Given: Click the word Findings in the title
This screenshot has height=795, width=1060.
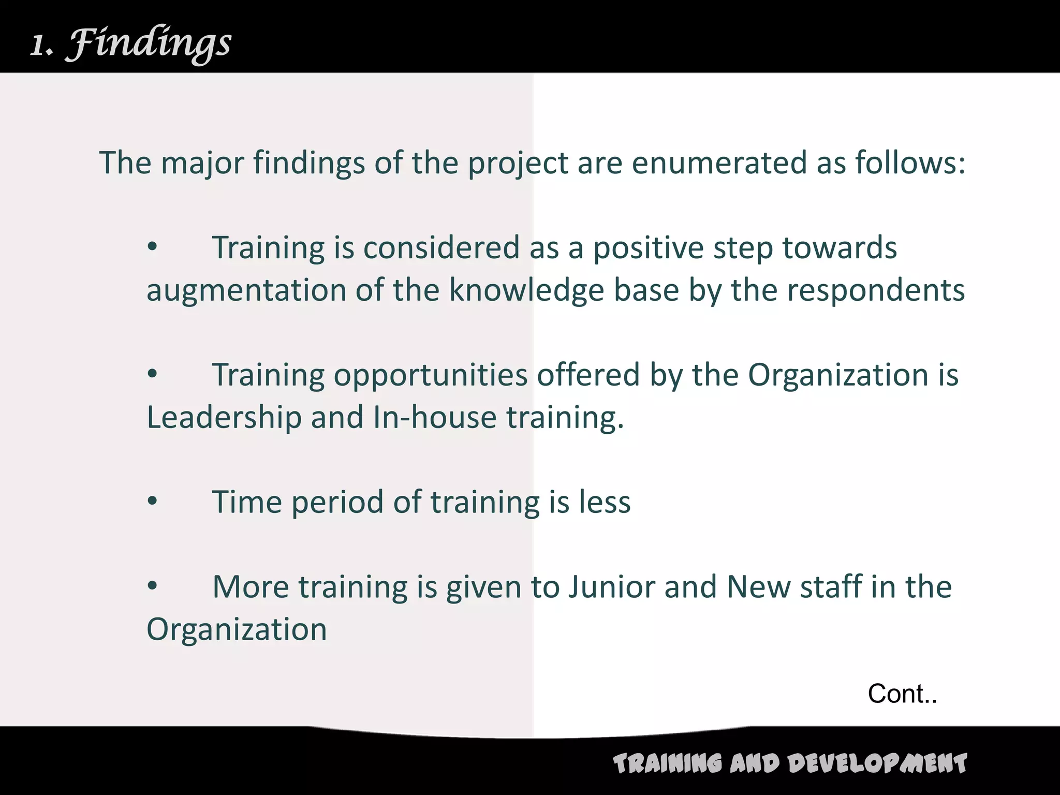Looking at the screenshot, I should pos(150,44).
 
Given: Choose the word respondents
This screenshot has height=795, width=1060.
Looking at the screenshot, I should pos(876,291).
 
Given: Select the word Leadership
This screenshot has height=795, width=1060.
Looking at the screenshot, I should pos(224,417).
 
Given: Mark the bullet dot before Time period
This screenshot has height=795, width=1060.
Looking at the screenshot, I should pos(152,501).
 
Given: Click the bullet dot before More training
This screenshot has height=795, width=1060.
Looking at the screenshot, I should pos(152,586).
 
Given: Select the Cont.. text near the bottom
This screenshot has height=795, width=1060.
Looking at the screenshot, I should pos(902,694).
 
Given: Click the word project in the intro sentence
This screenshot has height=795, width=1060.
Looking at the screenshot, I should pos(518,164).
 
